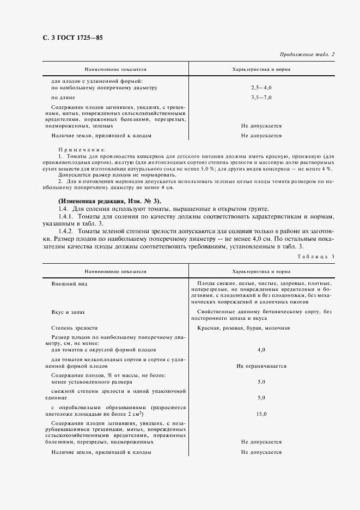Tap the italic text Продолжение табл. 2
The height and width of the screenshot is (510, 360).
click(x=307, y=54)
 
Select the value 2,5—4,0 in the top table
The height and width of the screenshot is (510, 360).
click(x=261, y=87)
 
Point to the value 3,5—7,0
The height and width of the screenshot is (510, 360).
click(x=261, y=98)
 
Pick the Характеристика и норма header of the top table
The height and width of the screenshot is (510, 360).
click(x=261, y=70)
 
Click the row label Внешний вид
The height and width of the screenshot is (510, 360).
click(x=69, y=284)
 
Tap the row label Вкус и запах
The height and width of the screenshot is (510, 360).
click(x=68, y=312)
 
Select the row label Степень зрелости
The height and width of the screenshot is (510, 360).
click(x=75, y=328)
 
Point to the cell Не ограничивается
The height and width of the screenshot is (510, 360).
click(x=261, y=366)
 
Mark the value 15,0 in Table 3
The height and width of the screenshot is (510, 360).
click(x=261, y=414)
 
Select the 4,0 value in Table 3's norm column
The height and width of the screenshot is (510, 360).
click(x=261, y=350)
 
